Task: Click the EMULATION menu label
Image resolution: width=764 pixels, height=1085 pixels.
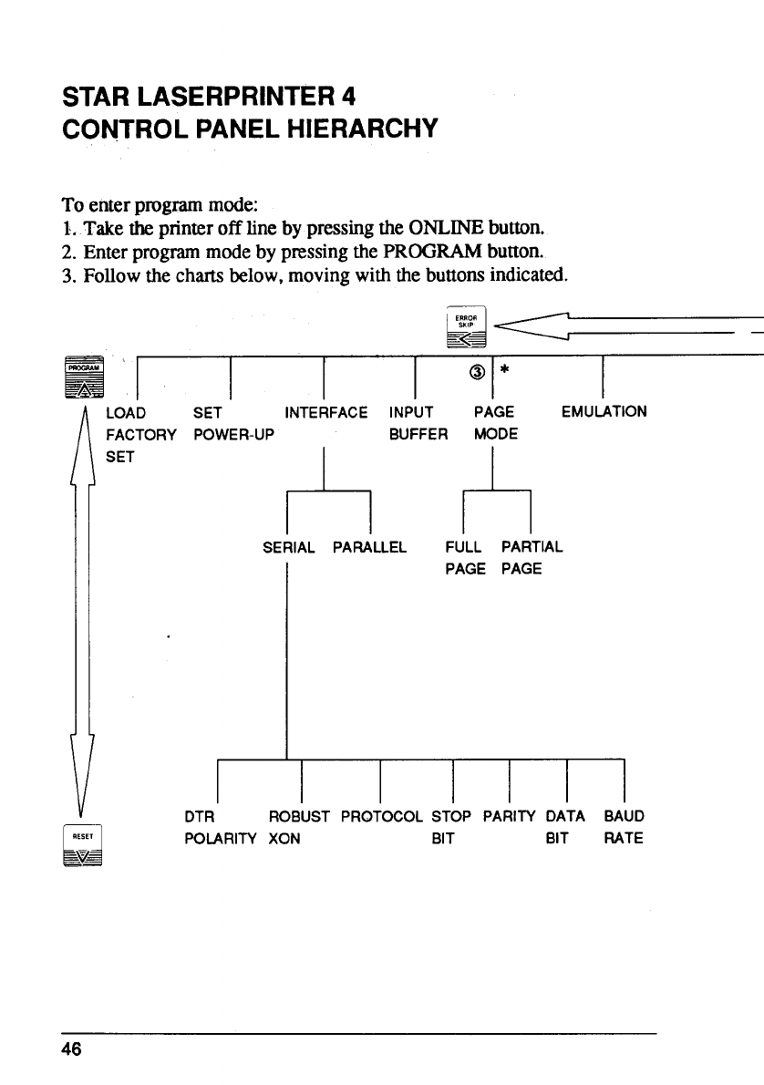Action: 604,411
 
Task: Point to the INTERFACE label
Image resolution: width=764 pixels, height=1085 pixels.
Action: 326,412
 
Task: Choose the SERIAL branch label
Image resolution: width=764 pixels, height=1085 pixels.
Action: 288,548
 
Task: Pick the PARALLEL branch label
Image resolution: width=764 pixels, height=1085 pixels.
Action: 369,548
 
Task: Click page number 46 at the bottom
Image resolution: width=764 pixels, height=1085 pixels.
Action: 72,1049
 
